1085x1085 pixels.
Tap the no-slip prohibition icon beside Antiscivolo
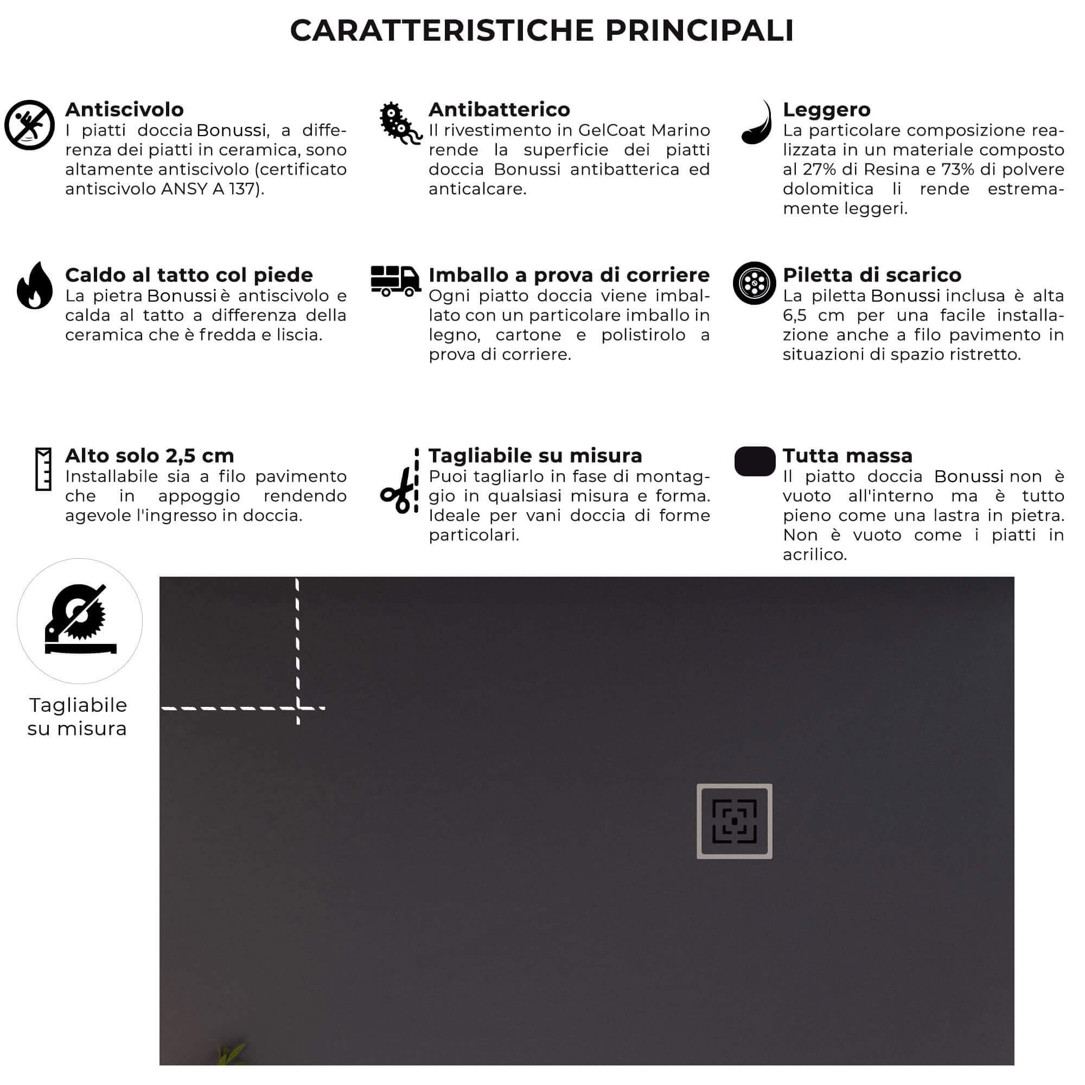coord(29,125)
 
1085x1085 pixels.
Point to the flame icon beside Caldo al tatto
coord(34,286)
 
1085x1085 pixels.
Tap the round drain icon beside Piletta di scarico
coord(754,283)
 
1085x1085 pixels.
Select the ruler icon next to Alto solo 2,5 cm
coord(43,469)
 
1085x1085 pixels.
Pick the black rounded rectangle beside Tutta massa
coord(754,461)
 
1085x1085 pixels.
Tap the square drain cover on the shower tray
coord(734,821)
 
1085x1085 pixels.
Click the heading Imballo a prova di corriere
coord(569,275)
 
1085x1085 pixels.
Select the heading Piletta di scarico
coord(872,275)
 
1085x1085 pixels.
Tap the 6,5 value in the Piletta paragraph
coord(795,316)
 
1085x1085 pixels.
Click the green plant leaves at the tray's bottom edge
coord(230,1054)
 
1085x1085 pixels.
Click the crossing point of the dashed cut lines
coord(298,708)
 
